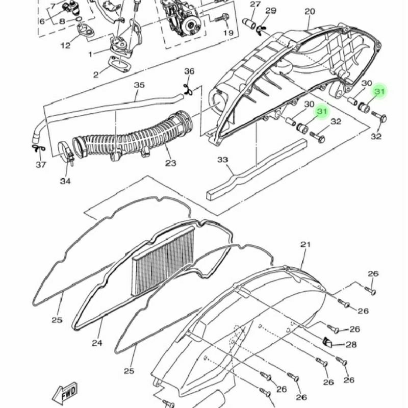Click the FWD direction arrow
[x=65, y=392]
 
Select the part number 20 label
[x=310, y=11]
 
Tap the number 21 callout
[x=305, y=245]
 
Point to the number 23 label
[x=171, y=163]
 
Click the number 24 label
[x=97, y=343]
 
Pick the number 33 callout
[x=223, y=160]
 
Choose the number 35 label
[x=139, y=85]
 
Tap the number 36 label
[x=189, y=71]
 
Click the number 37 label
[x=41, y=165]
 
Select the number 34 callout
[x=65, y=181]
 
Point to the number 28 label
[x=351, y=345]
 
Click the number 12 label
[x=65, y=45]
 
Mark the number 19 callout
[x=228, y=33]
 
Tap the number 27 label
[x=256, y=4]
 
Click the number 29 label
[x=271, y=11]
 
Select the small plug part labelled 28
[x=327, y=343]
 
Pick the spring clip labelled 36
[x=188, y=89]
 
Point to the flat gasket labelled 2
[x=119, y=63]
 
